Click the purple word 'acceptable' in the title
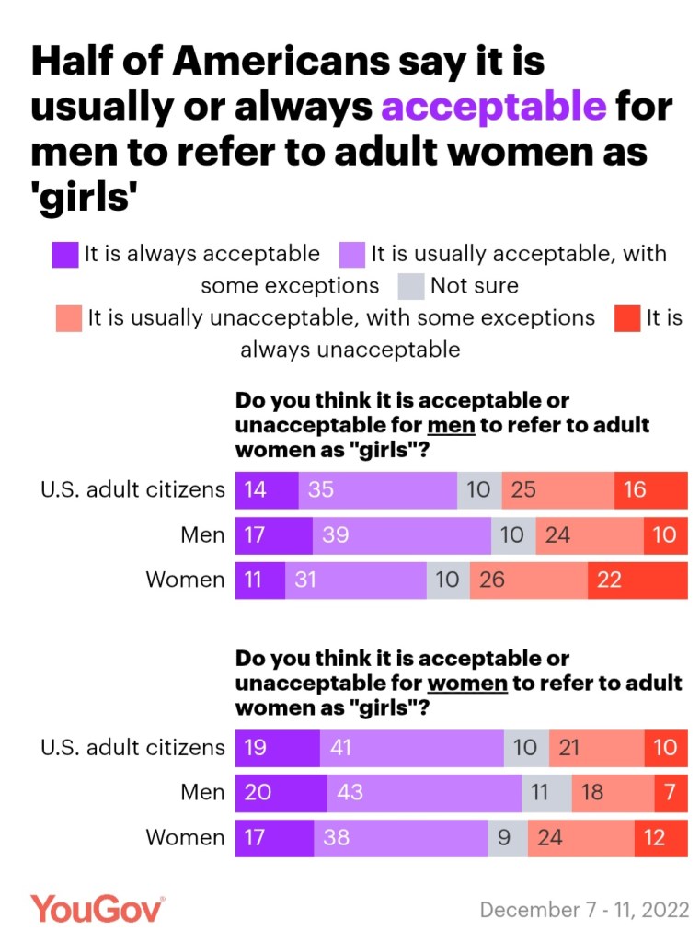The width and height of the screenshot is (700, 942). pos(493,107)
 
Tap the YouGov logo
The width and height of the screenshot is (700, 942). pos(98,909)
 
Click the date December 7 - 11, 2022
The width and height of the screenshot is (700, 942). pos(584,910)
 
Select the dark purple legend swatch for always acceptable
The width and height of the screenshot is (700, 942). pos(65,255)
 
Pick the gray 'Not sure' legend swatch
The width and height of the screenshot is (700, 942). pos(411,286)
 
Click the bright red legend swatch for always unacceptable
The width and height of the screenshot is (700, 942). pos(628,318)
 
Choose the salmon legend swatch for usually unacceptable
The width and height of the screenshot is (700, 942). pos(69,318)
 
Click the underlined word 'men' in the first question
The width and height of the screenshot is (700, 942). pos(451,426)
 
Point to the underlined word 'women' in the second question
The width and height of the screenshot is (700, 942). pos(467,684)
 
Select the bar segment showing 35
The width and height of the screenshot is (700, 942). pos(377,489)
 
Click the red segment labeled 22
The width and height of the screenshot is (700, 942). pos(637,580)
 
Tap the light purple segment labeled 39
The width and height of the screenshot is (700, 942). pos(402,534)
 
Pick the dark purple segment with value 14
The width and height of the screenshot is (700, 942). pos(267,489)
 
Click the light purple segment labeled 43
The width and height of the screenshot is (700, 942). pos(424,792)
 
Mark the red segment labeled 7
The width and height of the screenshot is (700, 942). pos(671,792)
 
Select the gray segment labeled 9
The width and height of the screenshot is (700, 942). pos(507,838)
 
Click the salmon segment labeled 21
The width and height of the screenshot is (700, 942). pos(596,747)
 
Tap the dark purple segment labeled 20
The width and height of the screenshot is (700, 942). pos(281,792)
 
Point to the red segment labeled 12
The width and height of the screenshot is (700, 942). pos(660,838)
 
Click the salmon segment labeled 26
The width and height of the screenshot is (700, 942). pos(529,580)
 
